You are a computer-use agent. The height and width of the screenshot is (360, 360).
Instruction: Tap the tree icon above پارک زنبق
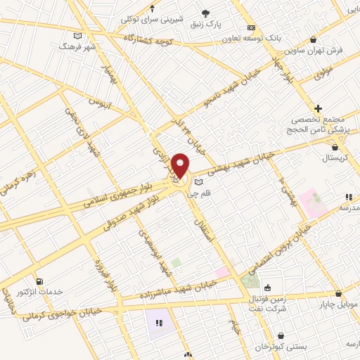(x=205, y=13)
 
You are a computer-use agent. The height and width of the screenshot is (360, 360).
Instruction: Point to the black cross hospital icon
(x=318, y=108)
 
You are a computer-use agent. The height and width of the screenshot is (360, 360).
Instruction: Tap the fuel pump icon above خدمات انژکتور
(x=39, y=281)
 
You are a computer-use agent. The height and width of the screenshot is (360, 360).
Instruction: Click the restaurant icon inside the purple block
(x=158, y=323)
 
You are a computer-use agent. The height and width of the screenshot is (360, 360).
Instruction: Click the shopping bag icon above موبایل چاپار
(x=340, y=294)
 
